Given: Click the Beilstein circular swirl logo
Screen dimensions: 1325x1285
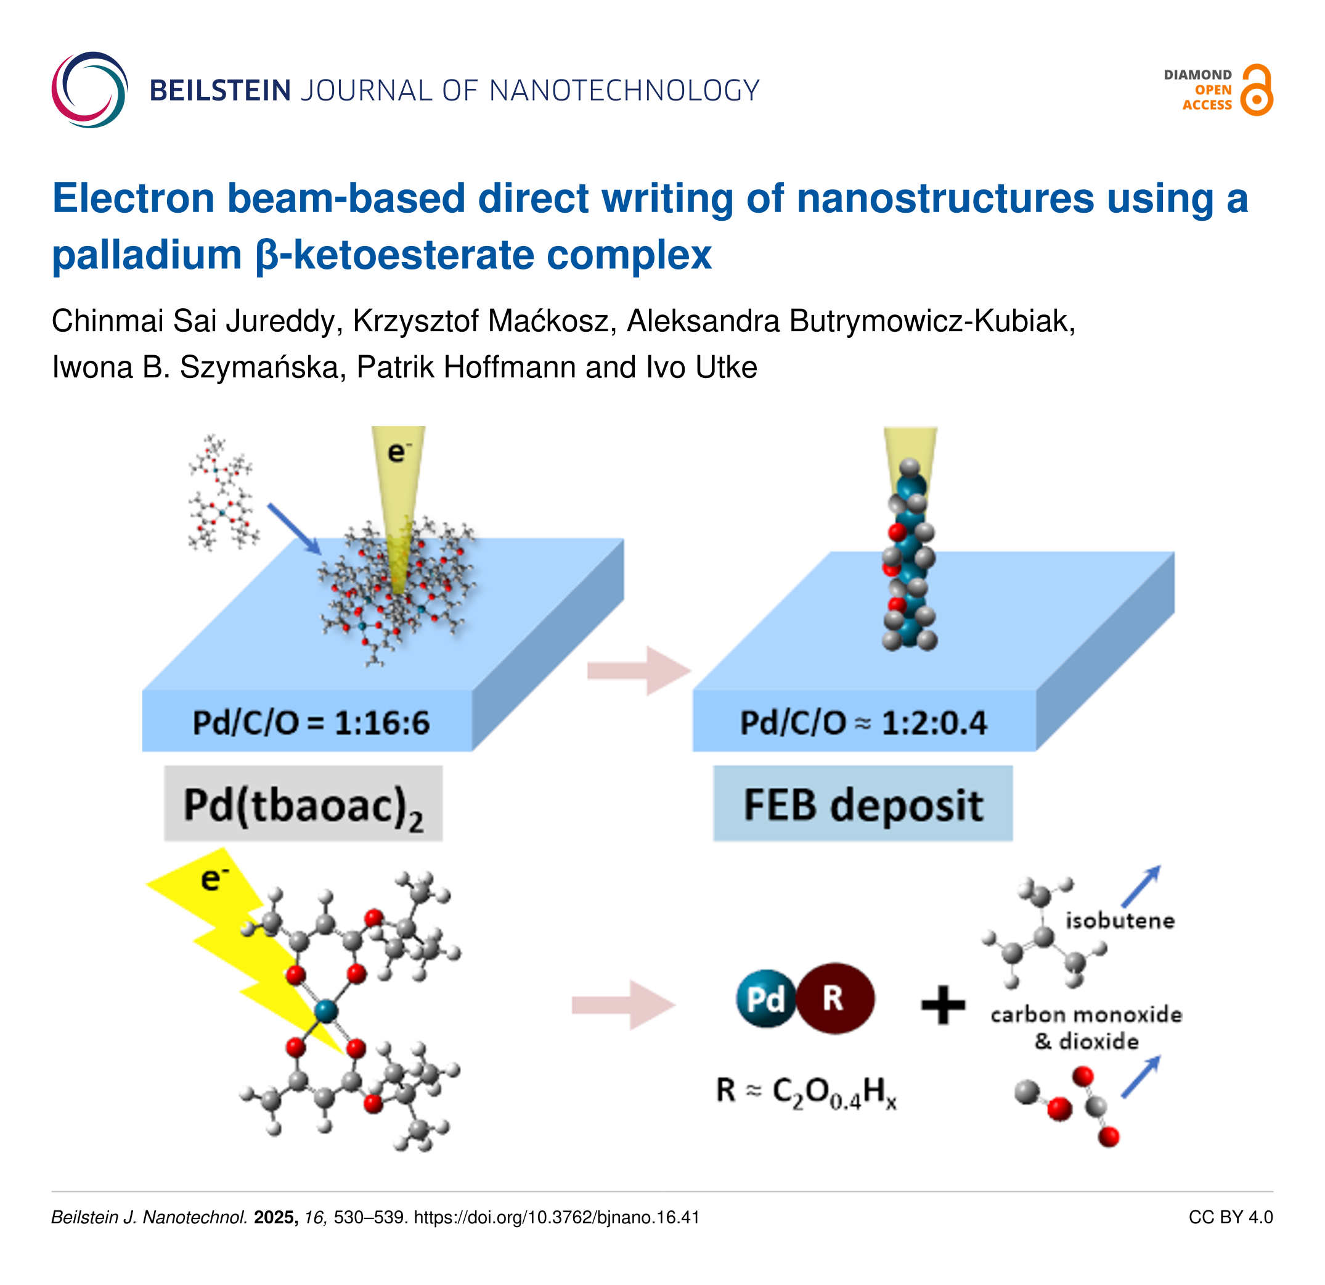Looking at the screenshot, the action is click(90, 90).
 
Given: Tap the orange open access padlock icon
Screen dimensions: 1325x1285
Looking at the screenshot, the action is click(1257, 90).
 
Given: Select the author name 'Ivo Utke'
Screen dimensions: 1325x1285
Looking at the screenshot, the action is click(702, 367).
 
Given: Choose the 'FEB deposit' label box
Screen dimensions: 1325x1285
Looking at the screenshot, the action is click(863, 803).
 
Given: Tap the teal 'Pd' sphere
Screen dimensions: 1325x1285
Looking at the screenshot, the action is click(767, 998).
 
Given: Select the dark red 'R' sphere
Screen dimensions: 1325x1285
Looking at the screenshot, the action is click(835, 998).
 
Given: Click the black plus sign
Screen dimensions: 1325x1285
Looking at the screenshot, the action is click(944, 1004).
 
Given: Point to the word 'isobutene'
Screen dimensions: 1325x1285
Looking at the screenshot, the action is click(1120, 921).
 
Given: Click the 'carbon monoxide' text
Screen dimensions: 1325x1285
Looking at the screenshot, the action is click(1086, 1014).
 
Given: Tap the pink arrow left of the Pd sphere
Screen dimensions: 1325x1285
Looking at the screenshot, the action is click(623, 1005).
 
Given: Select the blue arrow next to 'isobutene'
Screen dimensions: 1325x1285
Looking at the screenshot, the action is click(1141, 886).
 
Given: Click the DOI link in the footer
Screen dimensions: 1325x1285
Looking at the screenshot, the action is click(556, 1217).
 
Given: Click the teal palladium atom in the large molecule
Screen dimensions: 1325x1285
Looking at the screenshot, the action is click(326, 1011).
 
